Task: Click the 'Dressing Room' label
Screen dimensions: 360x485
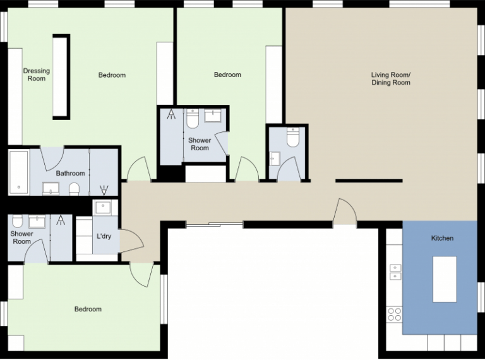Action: pyautogui.click(x=36, y=75)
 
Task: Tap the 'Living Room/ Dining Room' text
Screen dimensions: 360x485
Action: pyautogui.click(x=390, y=78)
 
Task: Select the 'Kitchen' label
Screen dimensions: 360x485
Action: pyautogui.click(x=442, y=238)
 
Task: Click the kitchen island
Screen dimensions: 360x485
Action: pyautogui.click(x=444, y=279)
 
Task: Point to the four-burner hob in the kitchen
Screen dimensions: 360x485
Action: pyautogui.click(x=394, y=314)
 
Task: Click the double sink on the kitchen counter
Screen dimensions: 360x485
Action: pyautogui.click(x=395, y=272)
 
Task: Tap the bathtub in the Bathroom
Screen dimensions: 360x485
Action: pyautogui.click(x=18, y=172)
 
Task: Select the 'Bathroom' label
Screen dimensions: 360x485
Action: pyautogui.click(x=70, y=173)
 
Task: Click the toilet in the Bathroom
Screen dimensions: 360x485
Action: pyautogui.click(x=74, y=189)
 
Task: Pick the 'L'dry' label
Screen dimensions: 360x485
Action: pyautogui.click(x=104, y=236)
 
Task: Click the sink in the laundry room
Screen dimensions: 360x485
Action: pyautogui.click(x=102, y=207)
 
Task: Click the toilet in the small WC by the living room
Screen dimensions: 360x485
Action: pyautogui.click(x=293, y=137)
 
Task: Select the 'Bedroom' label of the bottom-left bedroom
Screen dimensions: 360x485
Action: pyautogui.click(x=88, y=309)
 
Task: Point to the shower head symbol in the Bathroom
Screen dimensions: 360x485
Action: pyautogui.click(x=105, y=188)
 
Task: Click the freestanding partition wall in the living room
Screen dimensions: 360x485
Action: pyautogui.click(x=369, y=181)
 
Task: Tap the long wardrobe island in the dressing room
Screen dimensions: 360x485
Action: pyautogui.click(x=61, y=76)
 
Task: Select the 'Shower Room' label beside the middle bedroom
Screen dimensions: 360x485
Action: pyautogui.click(x=200, y=144)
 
